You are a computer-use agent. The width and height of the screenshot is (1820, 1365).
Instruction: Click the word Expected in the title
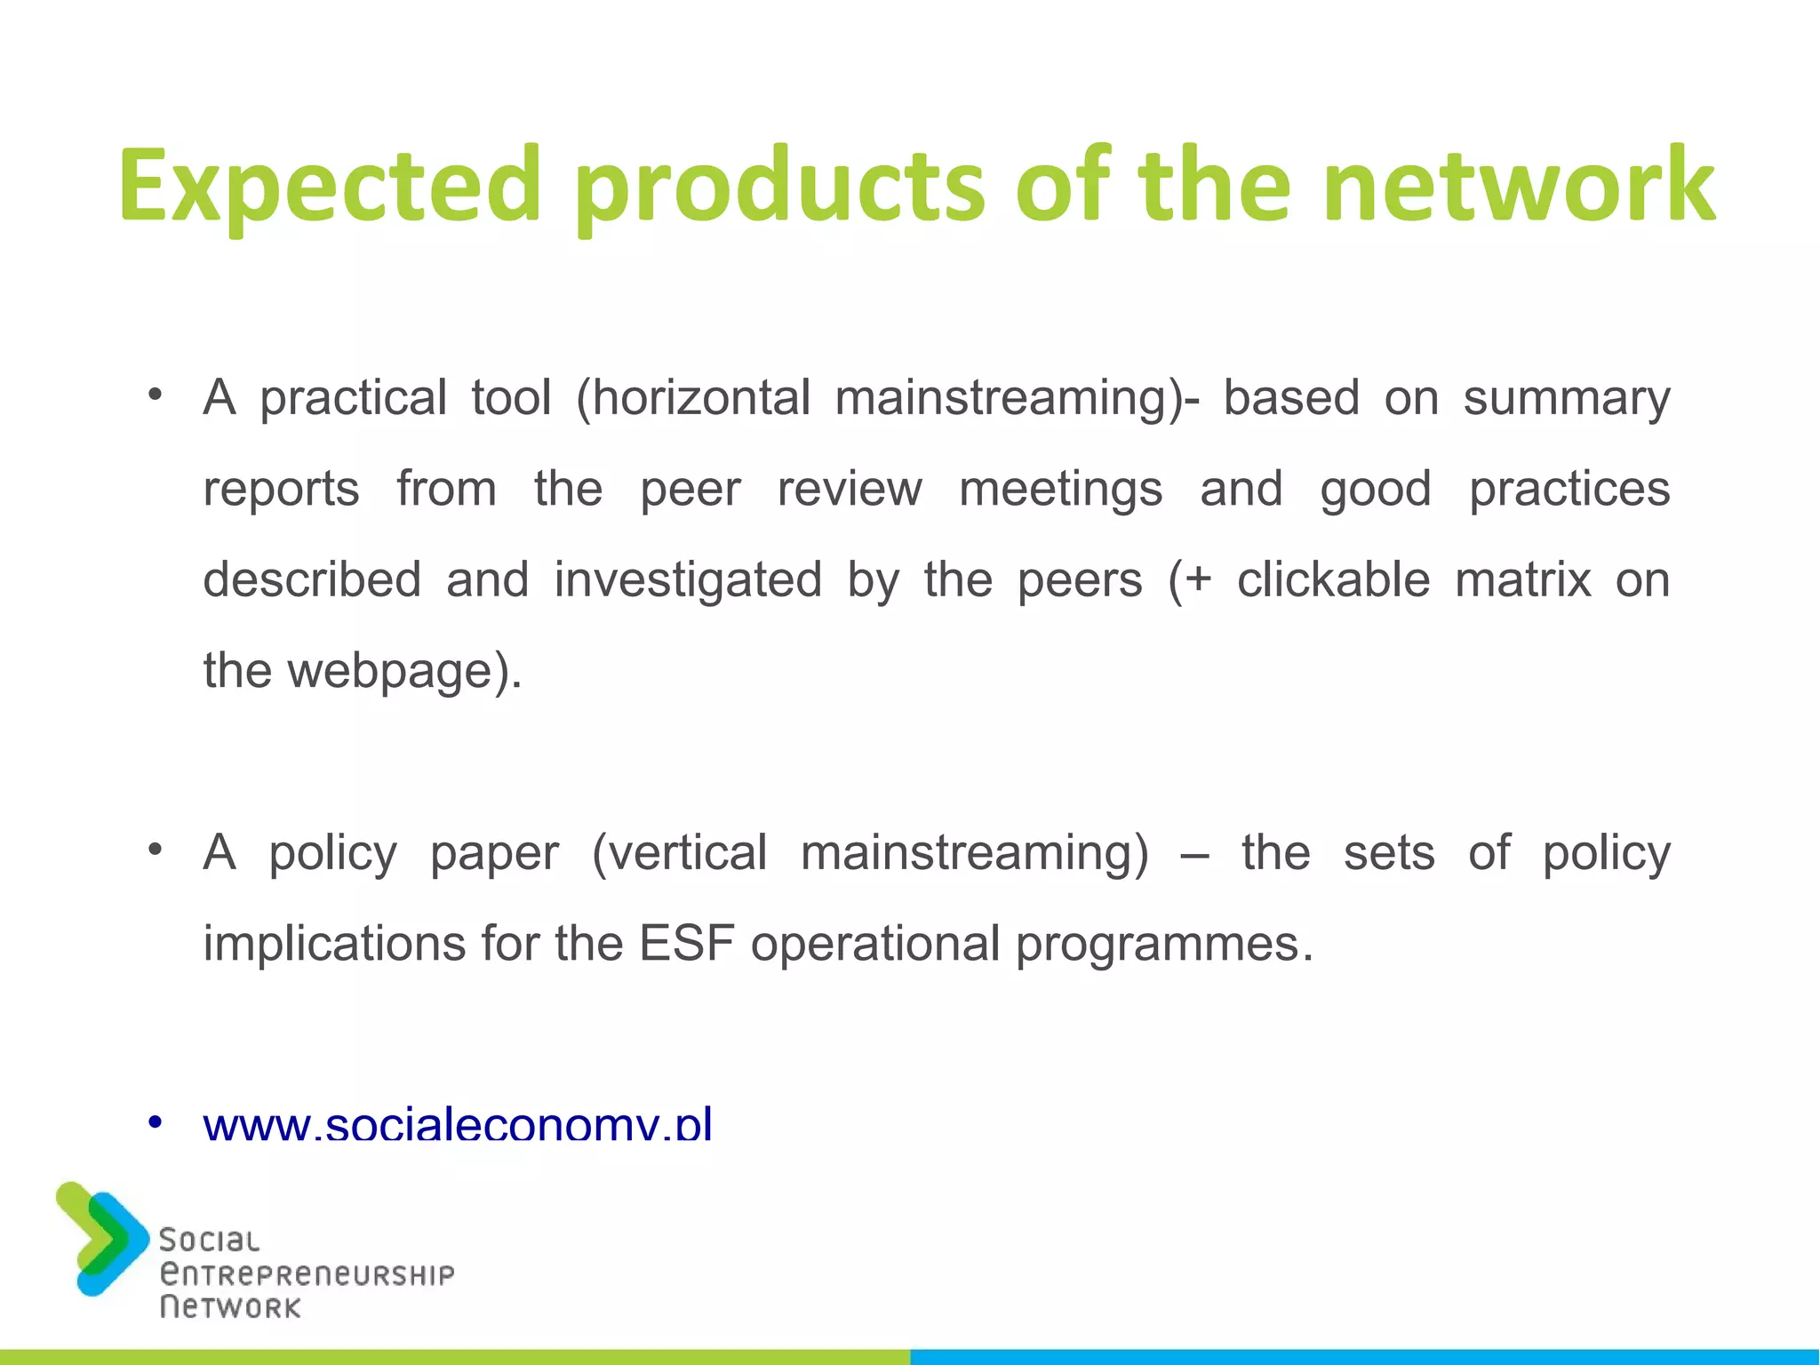(330, 187)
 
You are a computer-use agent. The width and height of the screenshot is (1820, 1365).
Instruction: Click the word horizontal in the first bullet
(701, 397)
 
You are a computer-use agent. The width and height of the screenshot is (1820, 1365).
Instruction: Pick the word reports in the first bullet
(281, 490)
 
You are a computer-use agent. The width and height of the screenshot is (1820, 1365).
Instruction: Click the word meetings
(1060, 490)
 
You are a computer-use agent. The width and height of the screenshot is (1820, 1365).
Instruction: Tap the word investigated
(688, 580)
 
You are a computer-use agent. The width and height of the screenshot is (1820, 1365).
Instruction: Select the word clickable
(1333, 580)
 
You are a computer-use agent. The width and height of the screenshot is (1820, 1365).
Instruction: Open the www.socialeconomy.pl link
(458, 1125)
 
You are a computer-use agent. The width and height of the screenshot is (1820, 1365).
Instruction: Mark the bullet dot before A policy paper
(156, 850)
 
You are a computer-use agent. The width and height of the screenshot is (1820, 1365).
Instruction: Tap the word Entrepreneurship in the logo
(307, 1274)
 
